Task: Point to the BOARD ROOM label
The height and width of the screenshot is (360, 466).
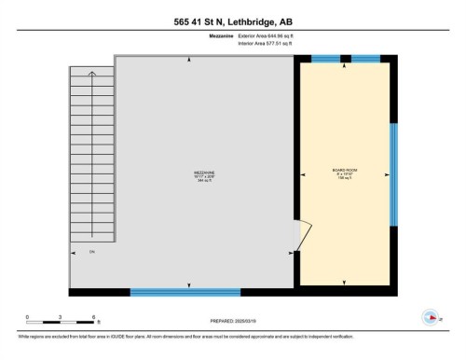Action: (345, 171)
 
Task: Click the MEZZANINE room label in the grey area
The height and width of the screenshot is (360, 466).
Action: (191, 173)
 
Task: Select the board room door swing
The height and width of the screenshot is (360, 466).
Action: (304, 233)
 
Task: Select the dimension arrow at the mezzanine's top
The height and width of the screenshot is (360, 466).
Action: (191, 61)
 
